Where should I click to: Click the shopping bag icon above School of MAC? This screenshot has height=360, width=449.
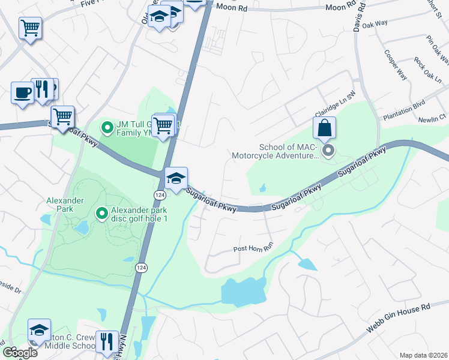click(324, 128)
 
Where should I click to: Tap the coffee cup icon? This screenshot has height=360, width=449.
click(23, 93)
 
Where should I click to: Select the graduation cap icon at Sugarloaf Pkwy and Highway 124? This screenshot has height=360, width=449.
click(176, 179)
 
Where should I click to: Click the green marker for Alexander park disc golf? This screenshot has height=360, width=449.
click(101, 212)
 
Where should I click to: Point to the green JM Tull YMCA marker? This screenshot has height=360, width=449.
click(107, 127)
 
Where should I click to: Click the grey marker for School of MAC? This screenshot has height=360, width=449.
click(328, 151)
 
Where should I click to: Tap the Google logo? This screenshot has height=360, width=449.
click(20, 352)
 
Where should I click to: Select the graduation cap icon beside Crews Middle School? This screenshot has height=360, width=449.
click(39, 331)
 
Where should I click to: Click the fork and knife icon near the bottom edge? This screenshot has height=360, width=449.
click(107, 341)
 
